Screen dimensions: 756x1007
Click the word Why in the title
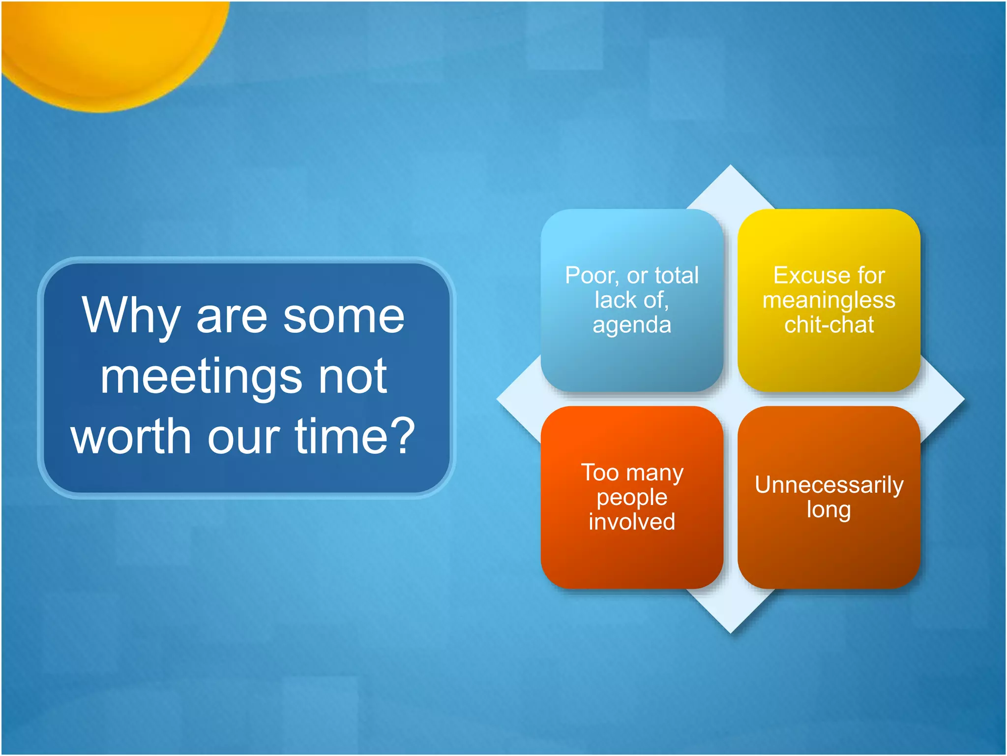coord(130,316)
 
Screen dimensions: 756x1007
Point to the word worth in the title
coord(130,436)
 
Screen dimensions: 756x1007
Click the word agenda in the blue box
coord(632,325)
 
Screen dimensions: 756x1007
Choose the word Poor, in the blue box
coord(592,276)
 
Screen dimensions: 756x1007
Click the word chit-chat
coord(829,325)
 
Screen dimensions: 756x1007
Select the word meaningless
coord(829,300)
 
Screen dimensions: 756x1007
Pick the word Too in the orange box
coord(600,472)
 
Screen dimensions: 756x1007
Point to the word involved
coord(632,522)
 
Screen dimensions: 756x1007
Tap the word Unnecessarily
coord(829,485)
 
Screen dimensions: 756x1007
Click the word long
coord(829,510)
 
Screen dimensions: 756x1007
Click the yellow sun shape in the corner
coord(108,44)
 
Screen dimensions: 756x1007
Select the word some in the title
coord(344,316)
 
